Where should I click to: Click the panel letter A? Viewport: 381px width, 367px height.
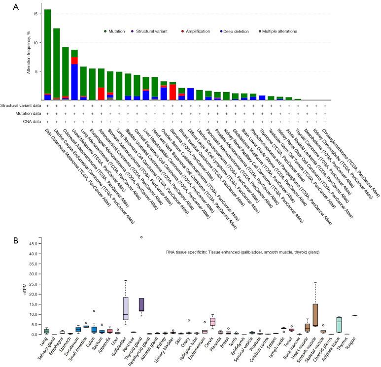pos(16,7)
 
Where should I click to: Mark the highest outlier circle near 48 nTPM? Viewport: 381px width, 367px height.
pos(141,237)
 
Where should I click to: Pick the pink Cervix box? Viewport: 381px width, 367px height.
pos(212,322)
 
